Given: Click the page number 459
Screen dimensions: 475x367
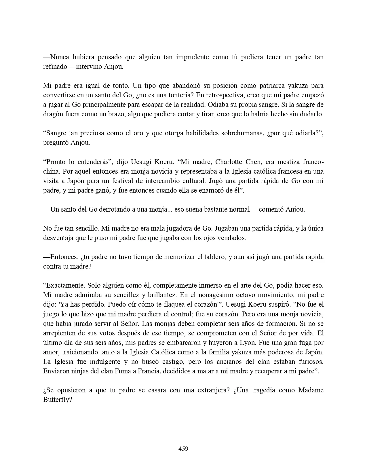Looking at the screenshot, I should point(183,449).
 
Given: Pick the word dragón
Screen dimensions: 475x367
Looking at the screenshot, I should point(53,114).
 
